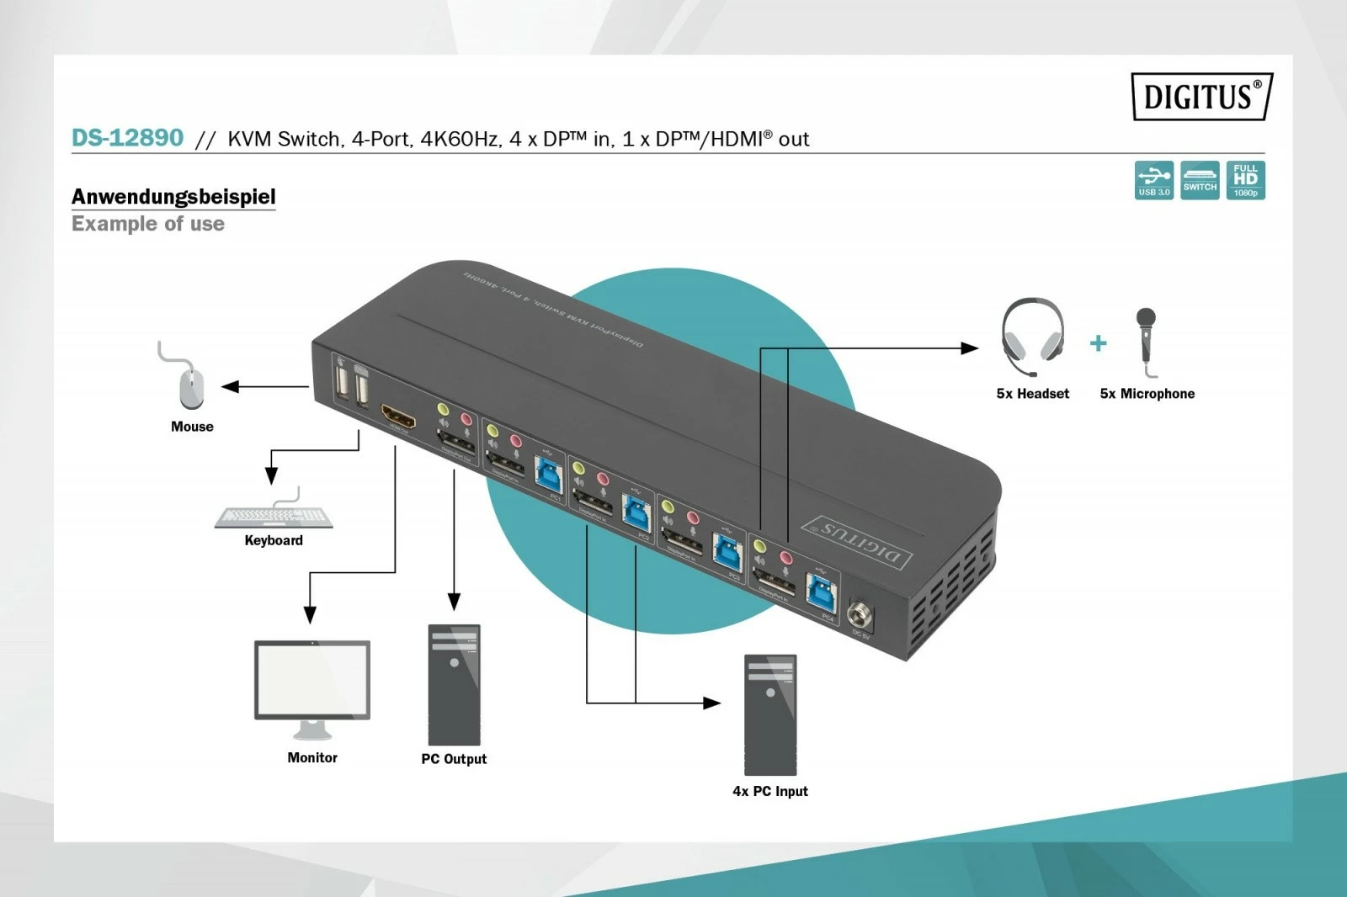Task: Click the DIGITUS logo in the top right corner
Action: pyautogui.click(x=1201, y=96)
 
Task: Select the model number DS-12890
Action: pyautogui.click(x=127, y=137)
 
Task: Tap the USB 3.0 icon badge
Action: pyautogui.click(x=1153, y=180)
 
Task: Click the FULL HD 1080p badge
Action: pyautogui.click(x=1245, y=180)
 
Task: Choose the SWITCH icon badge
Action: pyautogui.click(x=1200, y=180)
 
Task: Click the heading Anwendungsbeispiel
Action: pyautogui.click(x=173, y=196)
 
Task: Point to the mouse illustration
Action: pyautogui.click(x=191, y=387)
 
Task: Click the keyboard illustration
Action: pyautogui.click(x=274, y=517)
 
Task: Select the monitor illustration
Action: pyautogui.click(x=312, y=686)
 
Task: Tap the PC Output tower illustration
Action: pyautogui.click(x=454, y=684)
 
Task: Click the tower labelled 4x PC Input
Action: pyautogui.click(x=770, y=714)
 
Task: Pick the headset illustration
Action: pyautogui.click(x=1032, y=337)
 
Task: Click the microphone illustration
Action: pyautogui.click(x=1146, y=341)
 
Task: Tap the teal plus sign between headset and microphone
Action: pyautogui.click(x=1098, y=343)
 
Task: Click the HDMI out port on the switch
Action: pyautogui.click(x=398, y=417)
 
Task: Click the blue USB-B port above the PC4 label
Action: pyautogui.click(x=822, y=589)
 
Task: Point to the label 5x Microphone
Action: pyautogui.click(x=1147, y=394)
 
